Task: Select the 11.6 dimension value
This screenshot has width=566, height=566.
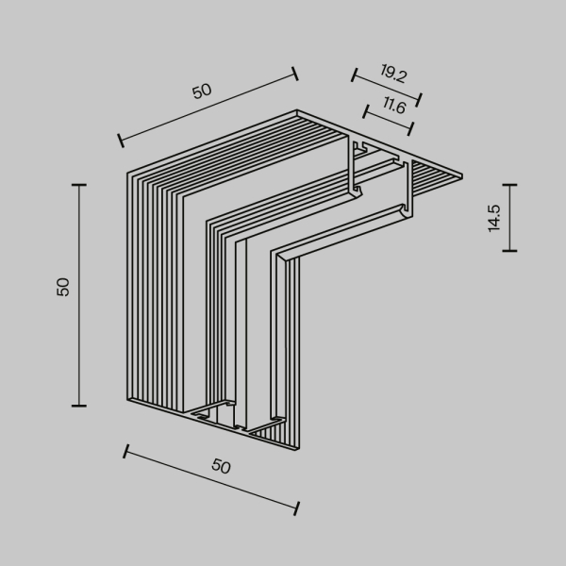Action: (394, 108)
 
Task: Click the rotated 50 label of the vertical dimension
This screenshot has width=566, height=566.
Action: (63, 287)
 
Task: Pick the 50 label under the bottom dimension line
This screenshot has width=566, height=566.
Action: (221, 466)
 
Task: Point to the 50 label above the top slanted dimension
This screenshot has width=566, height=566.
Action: (202, 91)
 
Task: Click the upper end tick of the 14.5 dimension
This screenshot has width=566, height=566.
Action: (509, 184)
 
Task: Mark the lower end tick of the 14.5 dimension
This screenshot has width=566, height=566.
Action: (509, 251)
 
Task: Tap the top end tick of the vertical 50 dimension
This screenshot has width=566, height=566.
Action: (78, 185)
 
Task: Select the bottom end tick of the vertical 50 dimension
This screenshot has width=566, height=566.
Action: (78, 406)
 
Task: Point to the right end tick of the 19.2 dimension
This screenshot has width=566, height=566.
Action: (419, 99)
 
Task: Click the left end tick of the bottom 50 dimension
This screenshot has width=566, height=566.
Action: (125, 453)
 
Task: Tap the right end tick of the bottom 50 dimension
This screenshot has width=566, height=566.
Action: (297, 508)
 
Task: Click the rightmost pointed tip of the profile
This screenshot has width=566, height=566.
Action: (462, 175)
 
